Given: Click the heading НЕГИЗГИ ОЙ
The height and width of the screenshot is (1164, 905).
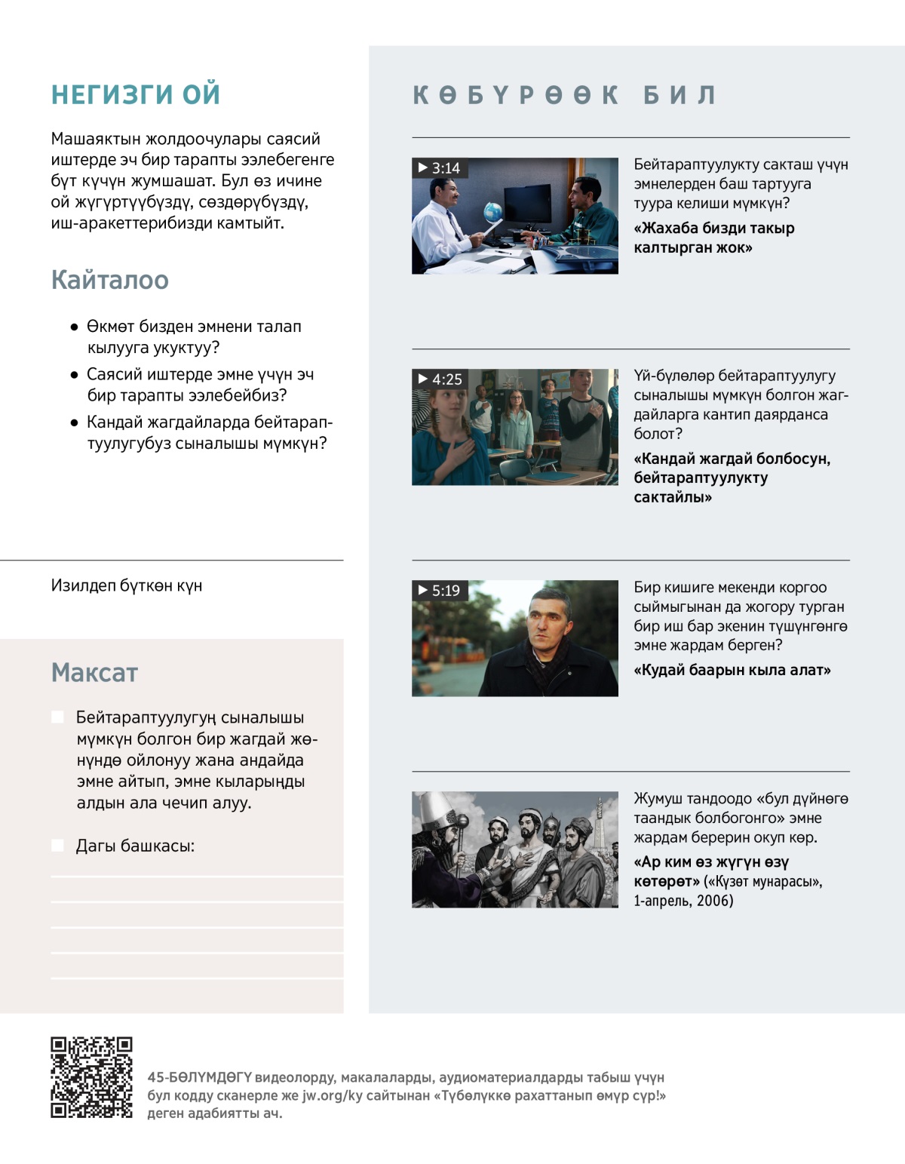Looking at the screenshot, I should coord(136,94).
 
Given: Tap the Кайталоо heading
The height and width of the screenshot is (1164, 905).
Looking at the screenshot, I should coord(110,280).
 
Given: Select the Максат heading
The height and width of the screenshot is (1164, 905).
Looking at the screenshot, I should coord(94,672).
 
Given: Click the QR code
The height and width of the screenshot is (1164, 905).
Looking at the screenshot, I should coord(91,1076).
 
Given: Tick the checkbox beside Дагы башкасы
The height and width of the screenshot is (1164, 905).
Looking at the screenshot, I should coord(57,845).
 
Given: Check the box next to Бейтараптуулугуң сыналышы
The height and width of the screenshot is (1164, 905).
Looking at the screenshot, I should coord(57,717).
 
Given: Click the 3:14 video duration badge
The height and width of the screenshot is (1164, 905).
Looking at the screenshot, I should coord(439,167).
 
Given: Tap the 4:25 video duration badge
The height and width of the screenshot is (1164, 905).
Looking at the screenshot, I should coord(440,379).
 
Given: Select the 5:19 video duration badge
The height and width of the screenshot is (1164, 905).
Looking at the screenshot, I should coord(439,590).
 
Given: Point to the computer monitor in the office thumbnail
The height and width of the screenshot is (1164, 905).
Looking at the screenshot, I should coord(527,202).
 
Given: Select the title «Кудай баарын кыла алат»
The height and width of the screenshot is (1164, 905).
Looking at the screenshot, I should coord(732,670).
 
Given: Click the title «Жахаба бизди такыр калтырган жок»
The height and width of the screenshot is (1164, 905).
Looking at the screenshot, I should coord(713,238).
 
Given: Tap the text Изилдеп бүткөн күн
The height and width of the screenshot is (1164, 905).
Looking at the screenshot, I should coord(127,585).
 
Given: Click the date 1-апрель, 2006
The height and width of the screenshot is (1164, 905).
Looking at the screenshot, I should coord(683,900).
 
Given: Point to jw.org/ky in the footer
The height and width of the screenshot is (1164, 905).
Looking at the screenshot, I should coord(333,1095).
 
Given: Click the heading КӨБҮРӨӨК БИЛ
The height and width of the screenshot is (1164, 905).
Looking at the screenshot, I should coord(564,95).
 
